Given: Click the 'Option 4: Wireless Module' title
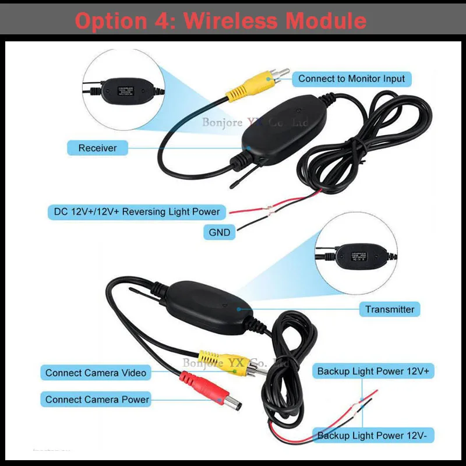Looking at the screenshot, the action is click(x=221, y=21).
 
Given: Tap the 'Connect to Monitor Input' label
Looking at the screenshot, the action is click(x=351, y=79).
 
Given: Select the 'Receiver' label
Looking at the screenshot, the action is click(x=98, y=148).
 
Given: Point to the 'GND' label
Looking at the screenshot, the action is click(x=220, y=232).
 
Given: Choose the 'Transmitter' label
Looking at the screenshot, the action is click(x=390, y=309).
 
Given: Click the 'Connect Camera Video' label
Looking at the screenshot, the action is click(x=96, y=373).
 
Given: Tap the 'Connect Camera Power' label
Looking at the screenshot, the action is click(x=97, y=400).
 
